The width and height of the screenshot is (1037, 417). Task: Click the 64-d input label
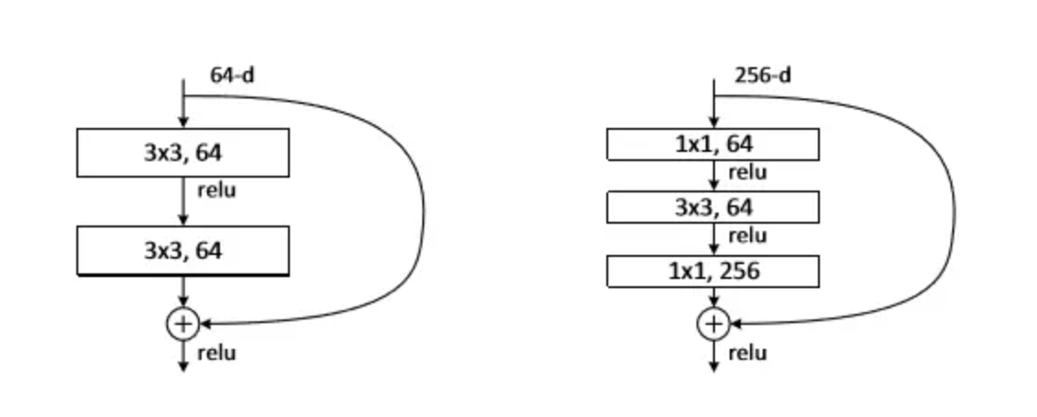tap(232, 75)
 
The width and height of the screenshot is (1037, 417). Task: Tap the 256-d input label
tap(763, 75)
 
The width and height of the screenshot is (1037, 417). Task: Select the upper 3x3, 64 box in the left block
tap(182, 152)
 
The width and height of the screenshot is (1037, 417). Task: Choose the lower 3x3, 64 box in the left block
tap(182, 249)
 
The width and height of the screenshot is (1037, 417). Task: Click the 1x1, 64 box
tap(712, 144)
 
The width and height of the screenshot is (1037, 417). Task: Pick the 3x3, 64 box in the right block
tap(712, 207)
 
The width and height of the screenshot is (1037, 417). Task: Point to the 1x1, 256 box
tap(712, 272)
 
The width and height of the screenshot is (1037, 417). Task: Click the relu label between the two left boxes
tap(216, 191)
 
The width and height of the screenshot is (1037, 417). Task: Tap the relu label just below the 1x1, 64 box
tap(747, 172)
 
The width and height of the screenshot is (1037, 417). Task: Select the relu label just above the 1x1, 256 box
tap(747, 236)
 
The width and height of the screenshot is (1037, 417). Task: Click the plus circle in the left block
tap(182, 323)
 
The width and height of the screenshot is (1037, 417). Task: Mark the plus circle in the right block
tap(713, 323)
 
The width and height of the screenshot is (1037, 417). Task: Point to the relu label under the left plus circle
tap(216, 353)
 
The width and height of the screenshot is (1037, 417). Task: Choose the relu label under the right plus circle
tap(747, 353)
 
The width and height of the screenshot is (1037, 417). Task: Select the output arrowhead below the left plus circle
tap(182, 366)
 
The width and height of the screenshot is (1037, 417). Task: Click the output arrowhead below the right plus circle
tap(713, 366)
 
